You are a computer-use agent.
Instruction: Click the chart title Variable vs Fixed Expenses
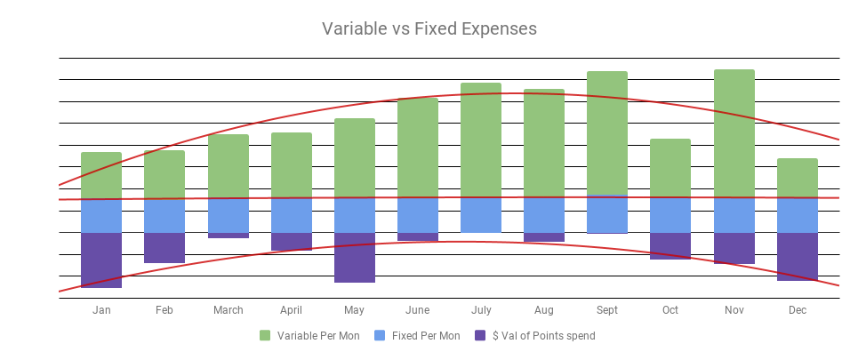tap(429, 28)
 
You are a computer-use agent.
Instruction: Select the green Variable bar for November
tap(734, 133)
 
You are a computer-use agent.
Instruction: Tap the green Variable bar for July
tap(481, 140)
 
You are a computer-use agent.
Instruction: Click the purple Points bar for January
tap(101, 260)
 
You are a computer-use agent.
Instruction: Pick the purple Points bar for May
tap(354, 257)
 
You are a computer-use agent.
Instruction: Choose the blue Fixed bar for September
tap(607, 214)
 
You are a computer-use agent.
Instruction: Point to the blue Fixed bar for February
tap(164, 216)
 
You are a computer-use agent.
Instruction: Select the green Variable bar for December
tap(797, 178)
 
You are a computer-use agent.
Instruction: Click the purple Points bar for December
tap(797, 256)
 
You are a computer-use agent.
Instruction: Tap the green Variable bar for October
tap(670, 168)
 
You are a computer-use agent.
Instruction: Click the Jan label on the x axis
tap(101, 310)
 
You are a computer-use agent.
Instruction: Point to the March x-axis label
tap(228, 310)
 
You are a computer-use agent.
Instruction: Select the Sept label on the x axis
tap(607, 310)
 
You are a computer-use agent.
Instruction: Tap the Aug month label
tap(544, 310)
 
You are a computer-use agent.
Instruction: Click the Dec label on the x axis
tap(797, 310)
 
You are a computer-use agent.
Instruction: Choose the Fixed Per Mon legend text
tap(426, 336)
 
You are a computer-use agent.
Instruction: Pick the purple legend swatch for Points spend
tap(481, 336)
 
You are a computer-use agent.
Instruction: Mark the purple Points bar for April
tap(291, 241)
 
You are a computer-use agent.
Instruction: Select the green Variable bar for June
tap(417, 148)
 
